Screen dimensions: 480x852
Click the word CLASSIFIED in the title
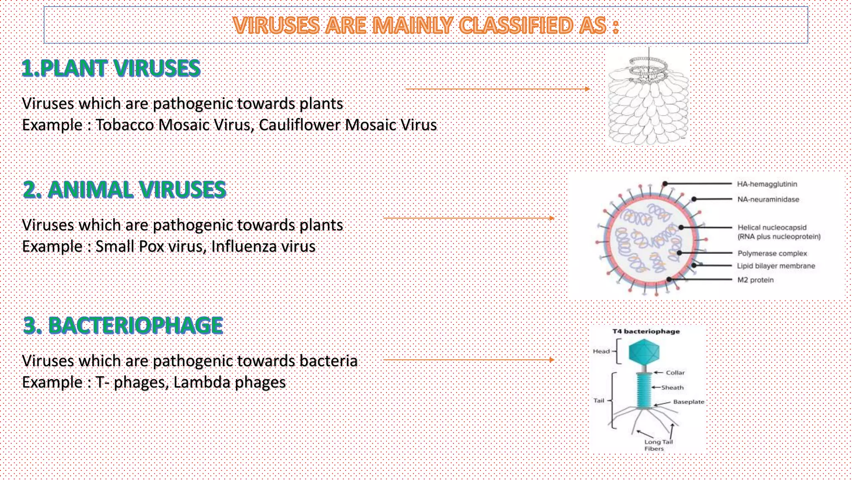click(x=515, y=25)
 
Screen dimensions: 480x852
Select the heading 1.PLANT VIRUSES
click(x=111, y=68)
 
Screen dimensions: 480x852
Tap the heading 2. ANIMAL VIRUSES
click(x=124, y=190)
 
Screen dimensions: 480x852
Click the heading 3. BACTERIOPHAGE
click(x=123, y=325)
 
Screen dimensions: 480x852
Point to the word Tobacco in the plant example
click(x=124, y=125)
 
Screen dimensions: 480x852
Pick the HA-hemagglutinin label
click(x=767, y=184)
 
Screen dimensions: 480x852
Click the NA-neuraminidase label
click(x=768, y=200)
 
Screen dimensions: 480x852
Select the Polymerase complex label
click(x=772, y=253)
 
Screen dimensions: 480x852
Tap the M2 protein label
click(x=755, y=280)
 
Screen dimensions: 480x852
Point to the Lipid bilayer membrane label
click(x=776, y=266)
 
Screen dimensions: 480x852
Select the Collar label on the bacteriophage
click(x=675, y=373)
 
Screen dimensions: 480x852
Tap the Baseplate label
click(x=689, y=402)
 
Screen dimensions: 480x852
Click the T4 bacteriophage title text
click(x=646, y=332)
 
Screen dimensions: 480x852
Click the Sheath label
click(x=672, y=387)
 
